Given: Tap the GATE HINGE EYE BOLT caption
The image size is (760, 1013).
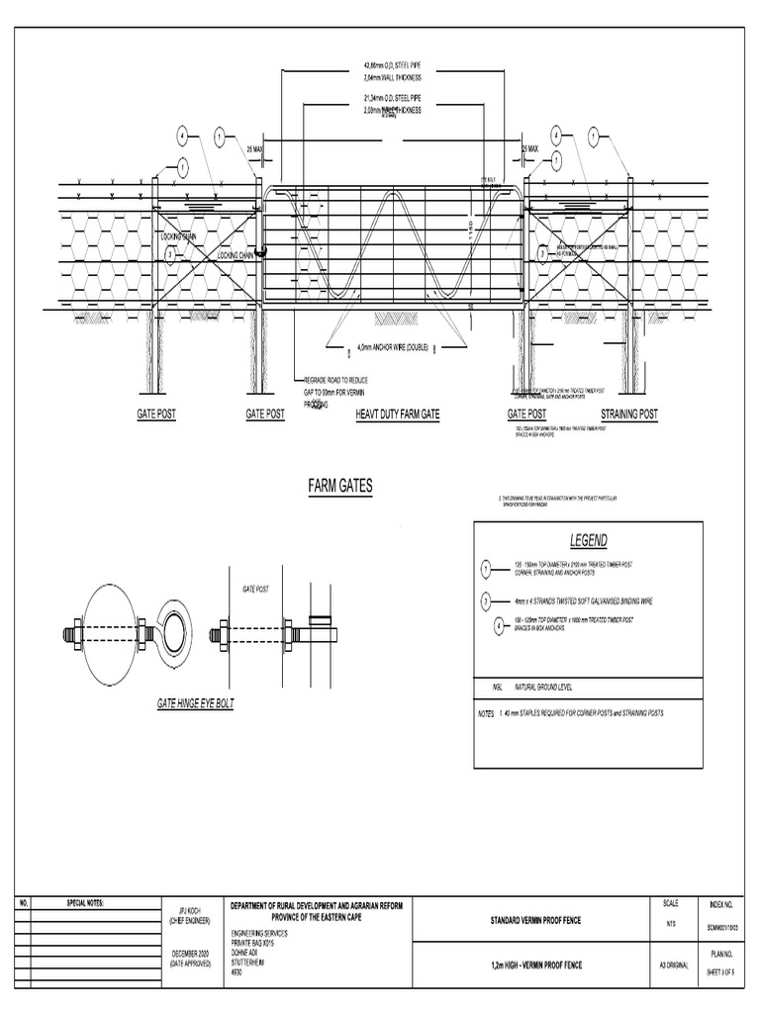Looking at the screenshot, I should click(x=195, y=702).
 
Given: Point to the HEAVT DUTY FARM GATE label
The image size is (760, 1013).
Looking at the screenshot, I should click(x=397, y=414).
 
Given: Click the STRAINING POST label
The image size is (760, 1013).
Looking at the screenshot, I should click(x=628, y=414).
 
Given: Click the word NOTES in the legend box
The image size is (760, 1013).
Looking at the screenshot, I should click(x=486, y=712).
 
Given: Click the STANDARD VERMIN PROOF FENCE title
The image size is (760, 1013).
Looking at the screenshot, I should click(x=535, y=921).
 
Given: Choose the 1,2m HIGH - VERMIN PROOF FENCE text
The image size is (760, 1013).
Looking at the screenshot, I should click(x=535, y=964).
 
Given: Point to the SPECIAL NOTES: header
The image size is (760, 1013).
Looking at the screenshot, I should click(x=84, y=904).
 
